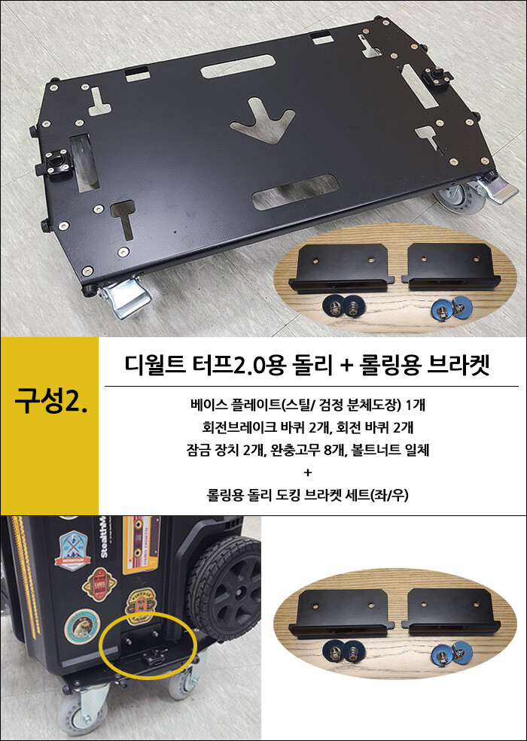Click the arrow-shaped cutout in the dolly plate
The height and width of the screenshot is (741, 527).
coord(263,121)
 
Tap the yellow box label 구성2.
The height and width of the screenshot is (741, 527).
coord(50,399)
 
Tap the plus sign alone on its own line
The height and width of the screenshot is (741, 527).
coord(308,472)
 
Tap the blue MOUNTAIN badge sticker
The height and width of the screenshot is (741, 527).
coord(72,551)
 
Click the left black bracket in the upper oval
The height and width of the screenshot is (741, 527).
coord(341,268)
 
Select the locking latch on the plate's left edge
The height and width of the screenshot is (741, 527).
coord(56,163)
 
